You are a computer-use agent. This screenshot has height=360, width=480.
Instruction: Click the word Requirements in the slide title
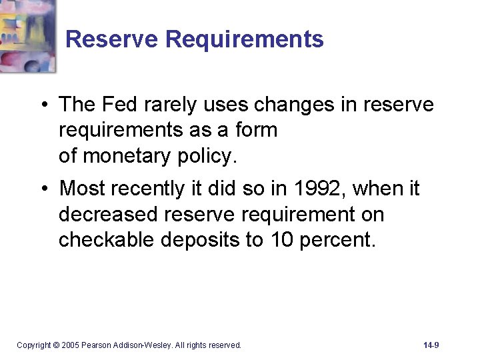click(x=244, y=39)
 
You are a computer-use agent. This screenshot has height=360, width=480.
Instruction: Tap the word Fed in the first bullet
click(x=121, y=105)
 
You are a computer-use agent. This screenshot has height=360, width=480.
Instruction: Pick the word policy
click(x=206, y=156)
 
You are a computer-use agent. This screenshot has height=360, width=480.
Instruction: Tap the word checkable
click(x=107, y=240)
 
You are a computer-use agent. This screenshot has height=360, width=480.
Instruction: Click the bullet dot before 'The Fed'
click(x=43, y=105)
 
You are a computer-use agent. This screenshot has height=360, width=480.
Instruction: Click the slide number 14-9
click(x=431, y=345)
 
